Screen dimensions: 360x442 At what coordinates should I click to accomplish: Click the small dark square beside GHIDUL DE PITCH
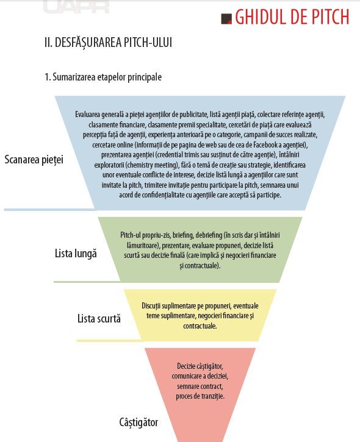[x=226, y=19]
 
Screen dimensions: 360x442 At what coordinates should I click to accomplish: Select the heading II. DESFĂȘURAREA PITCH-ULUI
[x=109, y=43]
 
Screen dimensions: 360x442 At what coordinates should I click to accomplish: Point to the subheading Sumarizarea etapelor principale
[x=107, y=77]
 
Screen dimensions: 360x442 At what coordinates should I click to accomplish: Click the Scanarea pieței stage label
[x=34, y=160]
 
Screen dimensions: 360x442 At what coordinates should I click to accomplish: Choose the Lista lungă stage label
[x=76, y=254]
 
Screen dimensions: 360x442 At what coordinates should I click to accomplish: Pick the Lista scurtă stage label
[x=99, y=318]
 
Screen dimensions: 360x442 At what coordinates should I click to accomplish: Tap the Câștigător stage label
[x=139, y=422]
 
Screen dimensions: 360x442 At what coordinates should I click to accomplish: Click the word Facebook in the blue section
[x=265, y=145]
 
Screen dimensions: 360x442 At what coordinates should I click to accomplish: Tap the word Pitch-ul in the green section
[x=131, y=235]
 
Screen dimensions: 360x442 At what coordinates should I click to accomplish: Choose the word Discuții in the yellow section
[x=151, y=306]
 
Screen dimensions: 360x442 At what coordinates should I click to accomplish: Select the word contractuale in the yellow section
[x=200, y=326]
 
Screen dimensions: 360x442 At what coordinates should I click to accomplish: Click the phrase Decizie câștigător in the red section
[x=200, y=366]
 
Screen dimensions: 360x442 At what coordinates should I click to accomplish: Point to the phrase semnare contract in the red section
[x=200, y=386]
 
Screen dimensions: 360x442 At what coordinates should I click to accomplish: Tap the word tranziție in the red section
[x=214, y=396]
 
